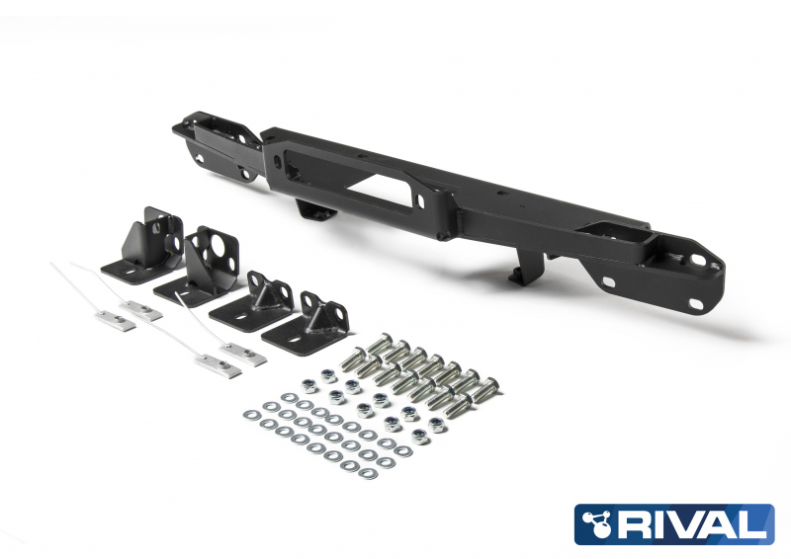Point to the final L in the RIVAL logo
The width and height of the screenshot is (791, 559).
755,524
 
